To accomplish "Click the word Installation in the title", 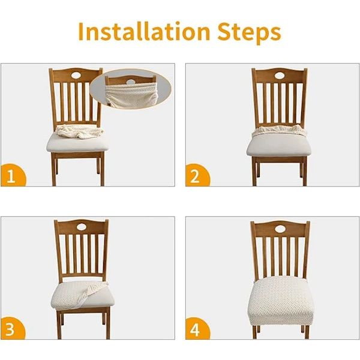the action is pos(144,31).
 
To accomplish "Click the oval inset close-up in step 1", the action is pos(131,89).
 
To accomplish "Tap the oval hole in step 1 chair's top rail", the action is pos(76,75).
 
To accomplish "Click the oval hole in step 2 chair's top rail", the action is pos(280,76).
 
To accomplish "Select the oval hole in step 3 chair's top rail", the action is pos(82,227).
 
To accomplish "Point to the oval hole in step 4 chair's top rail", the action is pos(280,229).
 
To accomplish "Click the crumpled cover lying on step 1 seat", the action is pos(79,132).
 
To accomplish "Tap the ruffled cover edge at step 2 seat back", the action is pos(279,130).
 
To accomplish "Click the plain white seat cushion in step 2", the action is pos(279,145).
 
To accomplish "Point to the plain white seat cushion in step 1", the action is pos(77,143).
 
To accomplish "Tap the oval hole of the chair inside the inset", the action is pos(131,82).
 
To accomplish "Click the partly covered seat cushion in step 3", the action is pos(82,296).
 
